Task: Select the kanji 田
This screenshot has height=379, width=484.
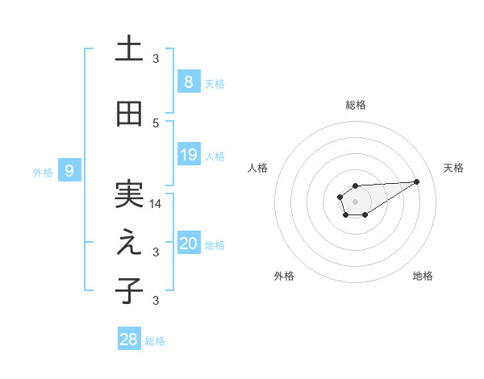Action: click(x=129, y=114)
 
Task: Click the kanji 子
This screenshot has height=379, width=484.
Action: click(x=129, y=290)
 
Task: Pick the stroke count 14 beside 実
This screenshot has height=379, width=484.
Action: click(x=156, y=204)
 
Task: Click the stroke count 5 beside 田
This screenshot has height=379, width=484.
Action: click(x=156, y=123)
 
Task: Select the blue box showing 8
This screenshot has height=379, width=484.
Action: click(x=188, y=82)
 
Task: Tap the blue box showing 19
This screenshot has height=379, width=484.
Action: click(x=188, y=155)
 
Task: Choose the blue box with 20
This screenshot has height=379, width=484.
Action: click(x=188, y=244)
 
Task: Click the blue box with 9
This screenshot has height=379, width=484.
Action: click(x=69, y=171)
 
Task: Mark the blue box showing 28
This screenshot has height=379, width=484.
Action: click(x=128, y=339)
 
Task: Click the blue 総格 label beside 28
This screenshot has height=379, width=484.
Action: click(x=155, y=341)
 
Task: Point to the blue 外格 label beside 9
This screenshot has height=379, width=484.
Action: click(x=43, y=172)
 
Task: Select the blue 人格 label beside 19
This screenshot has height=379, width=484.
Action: click(x=215, y=156)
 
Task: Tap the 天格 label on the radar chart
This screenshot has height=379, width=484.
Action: click(x=454, y=168)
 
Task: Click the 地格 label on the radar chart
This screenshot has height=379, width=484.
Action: click(x=423, y=276)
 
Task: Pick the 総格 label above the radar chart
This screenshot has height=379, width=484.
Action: click(x=356, y=105)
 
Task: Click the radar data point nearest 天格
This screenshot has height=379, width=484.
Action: click(x=417, y=181)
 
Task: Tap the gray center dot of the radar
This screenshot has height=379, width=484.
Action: click(x=355, y=200)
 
